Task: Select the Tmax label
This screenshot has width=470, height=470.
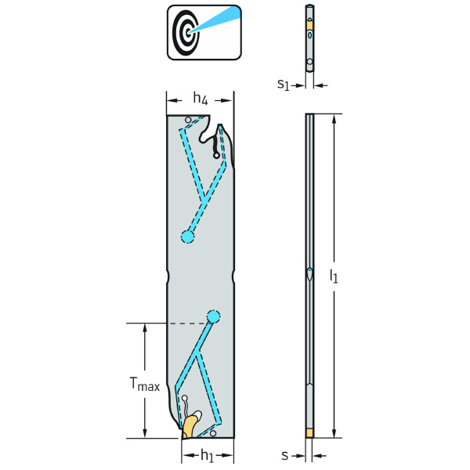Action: click(144, 385)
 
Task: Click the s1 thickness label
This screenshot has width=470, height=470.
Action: click(284, 82)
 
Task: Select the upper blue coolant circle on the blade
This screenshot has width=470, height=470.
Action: click(187, 237)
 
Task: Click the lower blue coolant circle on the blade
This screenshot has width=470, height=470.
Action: click(213, 316)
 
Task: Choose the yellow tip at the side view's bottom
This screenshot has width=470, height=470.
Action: click(309, 432)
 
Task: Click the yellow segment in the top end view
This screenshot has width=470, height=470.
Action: click(309, 26)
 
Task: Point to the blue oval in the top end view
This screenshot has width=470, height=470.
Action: click(309, 35)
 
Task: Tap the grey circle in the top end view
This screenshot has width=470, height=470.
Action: click(309, 61)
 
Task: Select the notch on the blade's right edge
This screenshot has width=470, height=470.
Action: click(233, 276)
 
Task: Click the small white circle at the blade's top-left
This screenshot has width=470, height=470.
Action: click(187, 120)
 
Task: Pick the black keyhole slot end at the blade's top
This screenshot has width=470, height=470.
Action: click(216, 155)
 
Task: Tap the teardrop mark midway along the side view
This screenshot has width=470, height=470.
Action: click(309, 275)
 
